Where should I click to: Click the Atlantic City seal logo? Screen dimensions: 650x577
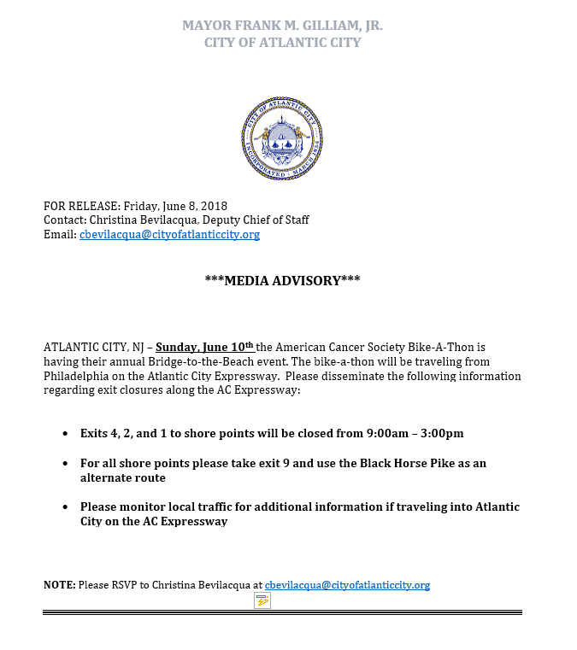tap(283, 138)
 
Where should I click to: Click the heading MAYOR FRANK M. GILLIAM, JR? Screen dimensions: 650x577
tap(283, 26)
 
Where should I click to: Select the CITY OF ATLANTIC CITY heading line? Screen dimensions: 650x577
tap(283, 42)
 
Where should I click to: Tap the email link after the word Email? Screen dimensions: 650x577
tap(169, 235)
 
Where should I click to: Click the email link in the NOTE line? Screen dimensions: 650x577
tap(347, 585)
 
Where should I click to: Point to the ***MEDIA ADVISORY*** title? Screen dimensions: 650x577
tap(283, 279)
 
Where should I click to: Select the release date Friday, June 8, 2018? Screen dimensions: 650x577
tap(175, 206)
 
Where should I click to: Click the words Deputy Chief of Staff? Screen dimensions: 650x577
tap(262, 220)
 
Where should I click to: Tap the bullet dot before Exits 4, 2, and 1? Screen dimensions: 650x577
tap(66, 434)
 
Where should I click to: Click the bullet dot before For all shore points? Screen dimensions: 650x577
tap(66, 463)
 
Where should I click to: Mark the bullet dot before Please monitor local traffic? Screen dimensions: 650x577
tap(66, 507)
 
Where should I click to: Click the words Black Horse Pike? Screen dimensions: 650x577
tap(417, 463)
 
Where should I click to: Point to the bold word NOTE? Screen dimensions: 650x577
tap(59, 585)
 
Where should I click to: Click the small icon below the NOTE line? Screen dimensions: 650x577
tap(262, 601)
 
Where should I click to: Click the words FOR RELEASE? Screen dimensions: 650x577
tap(82, 206)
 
